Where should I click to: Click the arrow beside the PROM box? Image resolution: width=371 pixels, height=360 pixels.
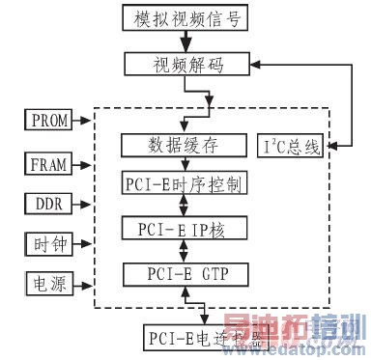point(83,121)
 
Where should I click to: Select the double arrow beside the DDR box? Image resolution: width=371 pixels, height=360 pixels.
point(83,205)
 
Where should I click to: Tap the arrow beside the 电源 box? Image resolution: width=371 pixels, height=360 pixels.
point(83,284)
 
